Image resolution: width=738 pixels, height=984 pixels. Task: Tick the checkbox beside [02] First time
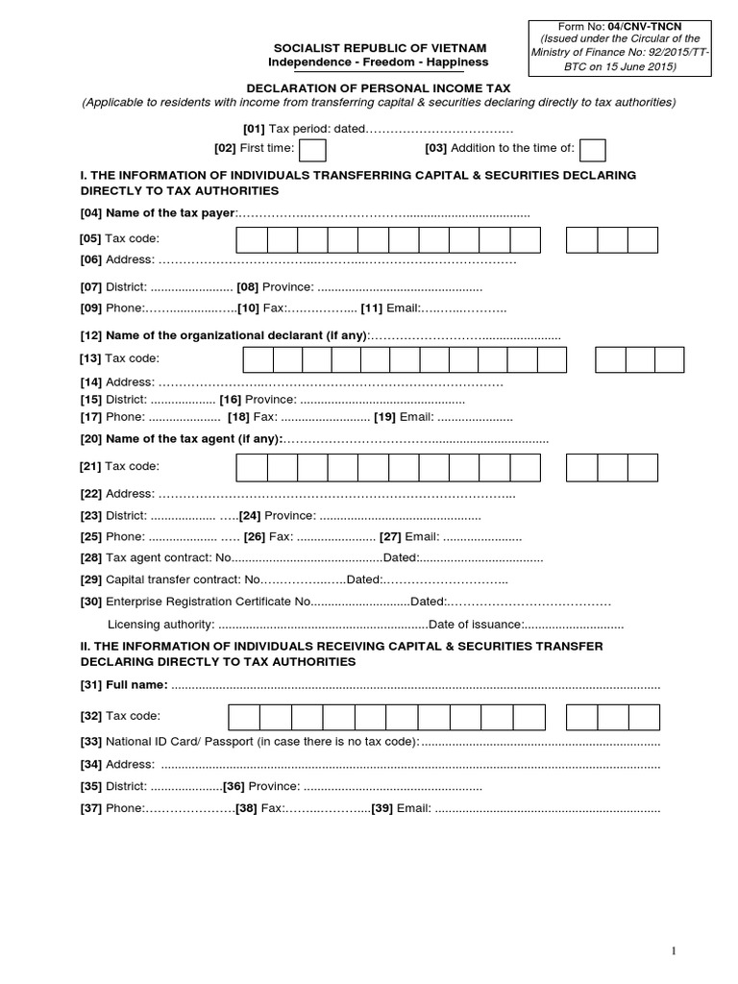click(313, 151)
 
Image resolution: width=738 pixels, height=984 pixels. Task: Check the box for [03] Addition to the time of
click(593, 151)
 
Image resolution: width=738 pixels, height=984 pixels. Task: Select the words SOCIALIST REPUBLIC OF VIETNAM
click(380, 48)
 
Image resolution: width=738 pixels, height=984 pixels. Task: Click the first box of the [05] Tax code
click(252, 239)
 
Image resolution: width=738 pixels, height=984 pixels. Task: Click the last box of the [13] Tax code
click(669, 359)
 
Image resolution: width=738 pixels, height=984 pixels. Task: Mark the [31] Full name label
click(124, 684)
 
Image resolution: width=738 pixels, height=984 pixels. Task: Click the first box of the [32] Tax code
click(244, 717)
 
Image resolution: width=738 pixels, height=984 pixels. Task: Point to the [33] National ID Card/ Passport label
click(250, 741)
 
